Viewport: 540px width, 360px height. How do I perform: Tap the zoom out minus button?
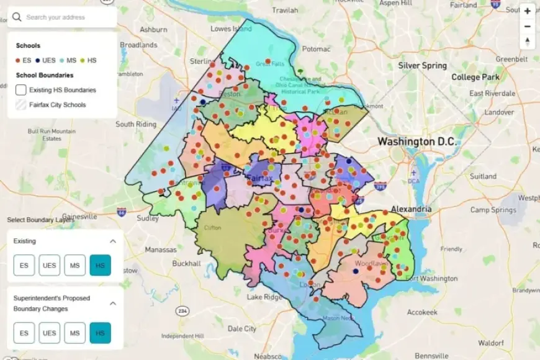click(x=527, y=26)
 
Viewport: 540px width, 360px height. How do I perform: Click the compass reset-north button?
click(x=527, y=42)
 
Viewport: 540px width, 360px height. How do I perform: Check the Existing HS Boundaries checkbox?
click(x=20, y=90)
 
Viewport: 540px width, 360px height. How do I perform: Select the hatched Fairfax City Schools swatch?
click(x=20, y=105)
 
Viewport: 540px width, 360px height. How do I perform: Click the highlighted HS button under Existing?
click(x=100, y=265)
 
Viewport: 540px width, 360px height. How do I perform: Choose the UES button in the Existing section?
click(x=49, y=265)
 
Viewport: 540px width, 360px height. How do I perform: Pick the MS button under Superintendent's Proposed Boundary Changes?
click(x=74, y=333)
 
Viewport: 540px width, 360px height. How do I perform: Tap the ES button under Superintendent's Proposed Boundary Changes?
click(x=24, y=333)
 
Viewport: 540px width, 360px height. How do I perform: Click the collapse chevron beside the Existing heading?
click(x=113, y=241)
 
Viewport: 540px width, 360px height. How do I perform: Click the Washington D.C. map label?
click(x=416, y=142)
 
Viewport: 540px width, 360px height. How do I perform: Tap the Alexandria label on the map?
click(x=411, y=209)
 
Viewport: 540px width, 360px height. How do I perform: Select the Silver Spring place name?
click(x=422, y=65)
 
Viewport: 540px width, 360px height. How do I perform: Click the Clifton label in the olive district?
click(x=212, y=228)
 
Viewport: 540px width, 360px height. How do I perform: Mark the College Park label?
click(x=474, y=77)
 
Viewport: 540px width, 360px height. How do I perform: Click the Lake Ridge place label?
click(x=264, y=297)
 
